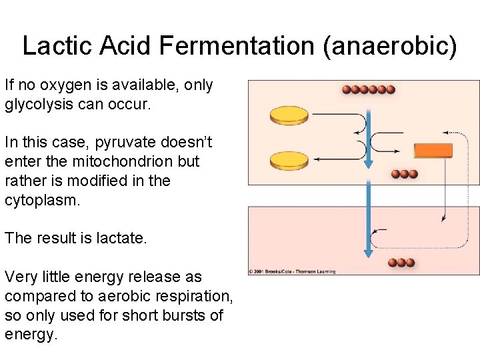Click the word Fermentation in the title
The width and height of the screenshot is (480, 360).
(227, 45)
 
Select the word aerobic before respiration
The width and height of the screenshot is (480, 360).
(120, 296)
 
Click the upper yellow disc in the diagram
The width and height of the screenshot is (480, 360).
(289, 116)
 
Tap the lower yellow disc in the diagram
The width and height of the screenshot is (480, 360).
(289, 160)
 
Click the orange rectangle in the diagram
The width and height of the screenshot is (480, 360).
(433, 150)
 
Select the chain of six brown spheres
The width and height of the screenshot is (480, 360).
(368, 89)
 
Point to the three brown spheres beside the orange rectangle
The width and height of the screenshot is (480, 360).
(404, 174)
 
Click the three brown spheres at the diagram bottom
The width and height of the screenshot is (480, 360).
(401, 263)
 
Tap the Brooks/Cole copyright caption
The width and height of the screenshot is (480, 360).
(292, 271)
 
